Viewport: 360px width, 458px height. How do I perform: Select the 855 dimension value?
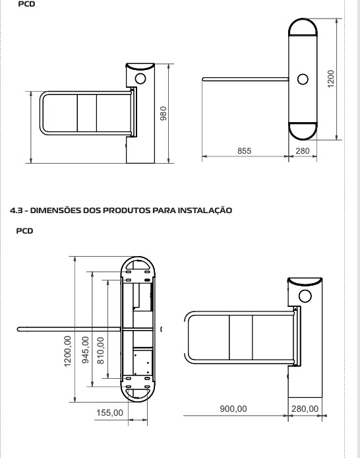(x=244, y=150)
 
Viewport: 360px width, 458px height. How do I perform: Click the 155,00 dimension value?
(x=110, y=412)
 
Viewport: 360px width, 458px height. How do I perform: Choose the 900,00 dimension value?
(x=233, y=409)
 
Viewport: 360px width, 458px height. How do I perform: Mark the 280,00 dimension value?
(x=305, y=409)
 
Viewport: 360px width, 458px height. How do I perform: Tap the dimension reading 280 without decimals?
(x=302, y=150)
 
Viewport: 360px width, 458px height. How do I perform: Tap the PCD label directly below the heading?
(x=32, y=231)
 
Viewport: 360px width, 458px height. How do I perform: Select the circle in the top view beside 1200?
(x=303, y=79)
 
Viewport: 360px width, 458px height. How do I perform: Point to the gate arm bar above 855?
(x=244, y=81)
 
